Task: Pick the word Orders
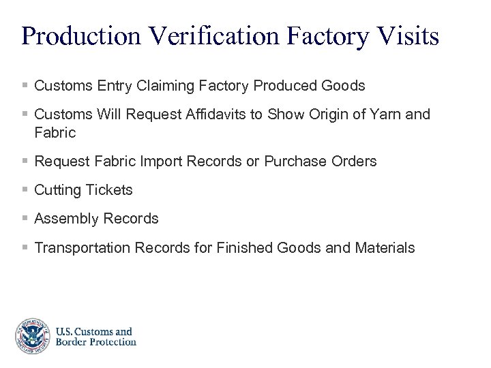[x=353, y=162]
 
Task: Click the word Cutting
[x=57, y=190]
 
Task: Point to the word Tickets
[x=108, y=190]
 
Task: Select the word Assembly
[x=62, y=219]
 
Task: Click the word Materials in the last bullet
[x=385, y=248]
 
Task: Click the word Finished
[x=245, y=248]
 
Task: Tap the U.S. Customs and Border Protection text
[x=95, y=337]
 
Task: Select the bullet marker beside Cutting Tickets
[x=25, y=190]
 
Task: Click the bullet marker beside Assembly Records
[x=25, y=219]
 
